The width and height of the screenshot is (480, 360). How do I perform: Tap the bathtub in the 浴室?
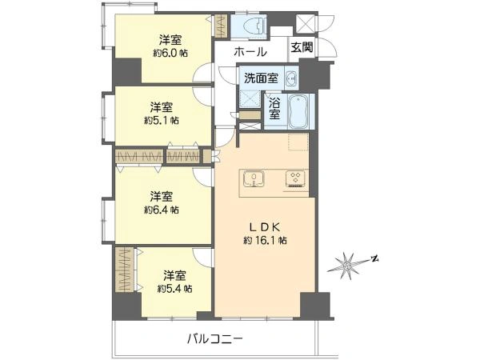click(x=299, y=111)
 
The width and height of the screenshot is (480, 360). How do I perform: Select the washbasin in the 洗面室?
click(x=291, y=78)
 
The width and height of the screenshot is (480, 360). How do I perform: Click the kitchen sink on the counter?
click(x=254, y=178)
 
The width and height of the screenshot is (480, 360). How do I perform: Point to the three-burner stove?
click(x=295, y=178)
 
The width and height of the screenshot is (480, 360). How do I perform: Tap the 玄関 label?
click(x=302, y=47)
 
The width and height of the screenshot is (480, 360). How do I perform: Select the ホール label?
click(x=250, y=51)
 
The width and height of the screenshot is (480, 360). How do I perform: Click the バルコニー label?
click(x=215, y=338)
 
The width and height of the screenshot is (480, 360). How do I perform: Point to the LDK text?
click(x=265, y=227)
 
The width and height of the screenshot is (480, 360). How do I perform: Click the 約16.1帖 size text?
click(x=265, y=241)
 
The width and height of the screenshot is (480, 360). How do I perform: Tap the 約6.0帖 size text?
click(x=170, y=54)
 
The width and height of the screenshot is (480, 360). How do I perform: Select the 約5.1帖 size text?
click(x=162, y=120)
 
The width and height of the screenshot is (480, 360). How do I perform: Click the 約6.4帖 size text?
click(x=162, y=210)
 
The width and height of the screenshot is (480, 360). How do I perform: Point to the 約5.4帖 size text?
click(x=174, y=288)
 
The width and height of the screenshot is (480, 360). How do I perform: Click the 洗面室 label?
click(x=261, y=78)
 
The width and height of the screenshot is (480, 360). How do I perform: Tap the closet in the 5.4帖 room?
click(x=124, y=270)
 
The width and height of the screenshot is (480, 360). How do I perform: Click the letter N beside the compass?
click(x=374, y=259)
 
